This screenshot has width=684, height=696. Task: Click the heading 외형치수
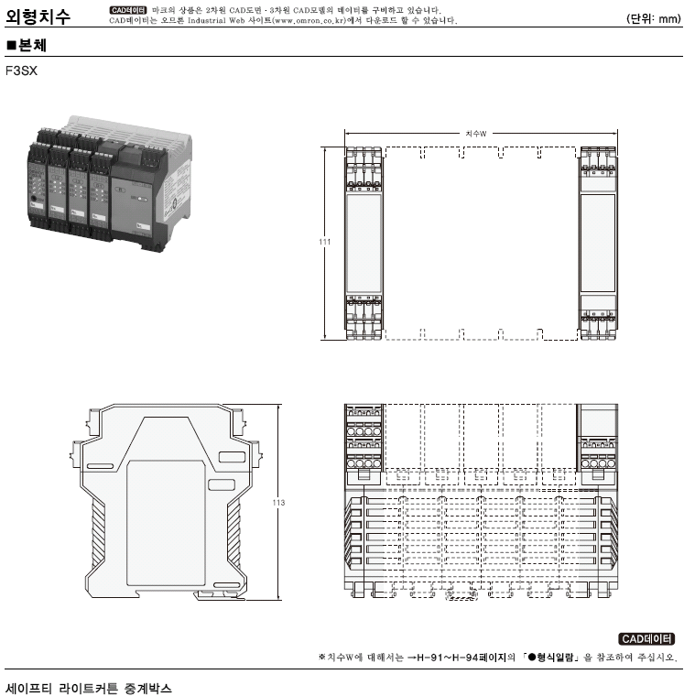[38, 15]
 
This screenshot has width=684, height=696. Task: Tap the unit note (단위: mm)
[652, 17]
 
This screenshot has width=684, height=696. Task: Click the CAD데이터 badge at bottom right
[646, 638]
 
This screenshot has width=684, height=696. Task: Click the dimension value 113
[280, 503]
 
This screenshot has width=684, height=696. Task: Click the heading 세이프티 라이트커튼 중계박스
[89, 686]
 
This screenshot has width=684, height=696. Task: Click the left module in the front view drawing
[364, 243]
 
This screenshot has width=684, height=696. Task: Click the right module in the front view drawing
[599, 243]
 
